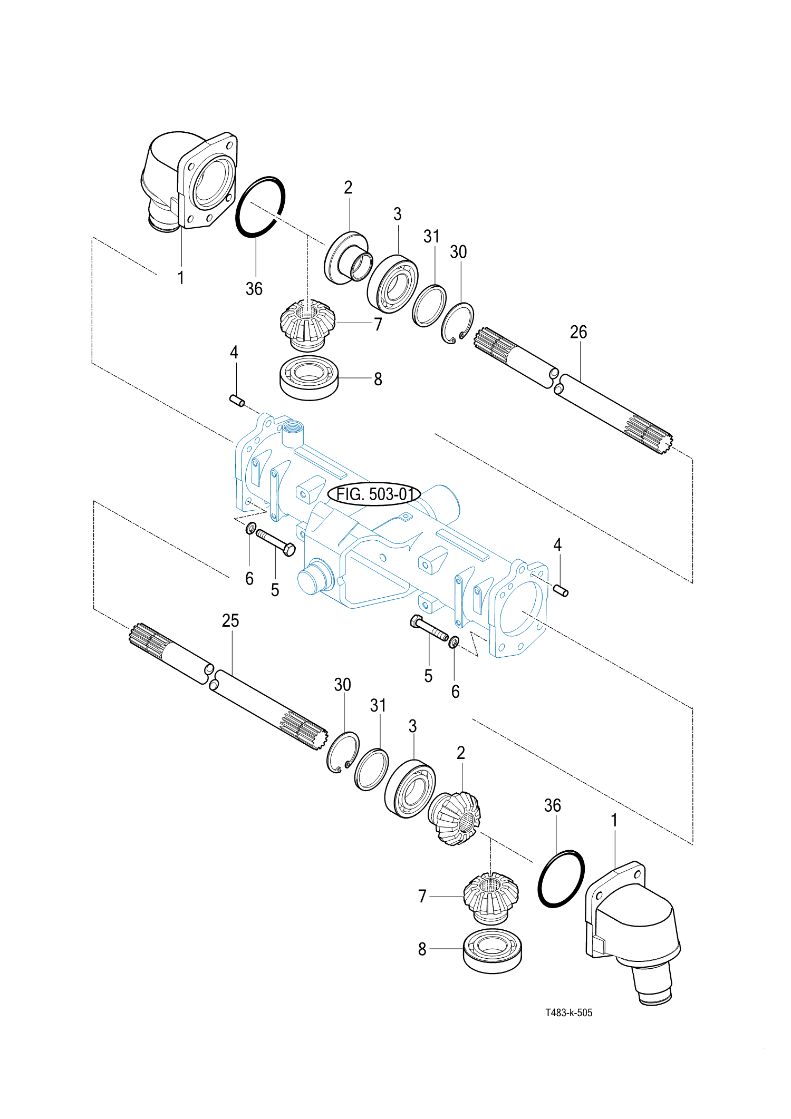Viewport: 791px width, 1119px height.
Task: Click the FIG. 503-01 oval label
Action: pos(374,494)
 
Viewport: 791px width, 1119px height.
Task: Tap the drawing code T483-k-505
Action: pos(568,1013)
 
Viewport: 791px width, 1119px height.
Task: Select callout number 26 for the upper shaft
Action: pos(578,332)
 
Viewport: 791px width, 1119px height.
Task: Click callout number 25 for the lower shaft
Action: pos(230,620)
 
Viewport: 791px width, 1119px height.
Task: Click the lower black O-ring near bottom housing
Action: pos(561,879)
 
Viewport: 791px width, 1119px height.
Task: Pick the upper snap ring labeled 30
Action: pos(457,323)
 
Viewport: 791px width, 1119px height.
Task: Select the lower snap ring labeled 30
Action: pos(343,753)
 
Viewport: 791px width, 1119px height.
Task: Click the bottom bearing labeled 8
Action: pos(492,951)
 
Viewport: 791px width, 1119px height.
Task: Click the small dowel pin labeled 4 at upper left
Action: pos(237,401)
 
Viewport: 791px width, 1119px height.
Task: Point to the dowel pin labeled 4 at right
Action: pos(561,590)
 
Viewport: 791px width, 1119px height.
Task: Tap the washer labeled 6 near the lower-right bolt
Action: pos(454,642)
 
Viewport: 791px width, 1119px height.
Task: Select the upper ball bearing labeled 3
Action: pos(393,284)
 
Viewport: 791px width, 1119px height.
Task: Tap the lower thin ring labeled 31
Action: pos(371,769)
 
